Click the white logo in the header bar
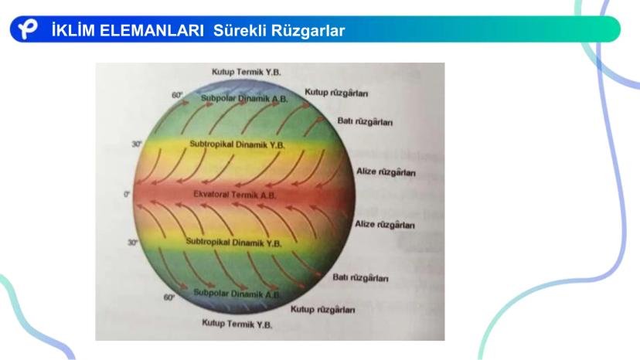point(28,29)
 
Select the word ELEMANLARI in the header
point(151,31)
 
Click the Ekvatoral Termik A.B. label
point(235,195)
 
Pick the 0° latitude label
point(127,194)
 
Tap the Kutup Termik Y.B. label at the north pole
point(246,72)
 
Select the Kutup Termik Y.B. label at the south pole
point(237,324)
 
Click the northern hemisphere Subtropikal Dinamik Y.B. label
point(237,144)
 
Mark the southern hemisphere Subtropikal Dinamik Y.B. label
point(234,243)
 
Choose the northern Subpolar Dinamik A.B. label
point(244,98)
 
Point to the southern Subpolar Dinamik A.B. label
point(237,294)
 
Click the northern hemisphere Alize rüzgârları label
point(386,172)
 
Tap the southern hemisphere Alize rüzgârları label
point(384,224)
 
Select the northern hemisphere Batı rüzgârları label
point(365,121)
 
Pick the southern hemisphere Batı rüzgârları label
point(360,277)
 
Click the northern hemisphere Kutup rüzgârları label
point(336,93)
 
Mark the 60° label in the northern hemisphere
point(177,95)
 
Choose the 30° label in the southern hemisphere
point(133,243)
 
